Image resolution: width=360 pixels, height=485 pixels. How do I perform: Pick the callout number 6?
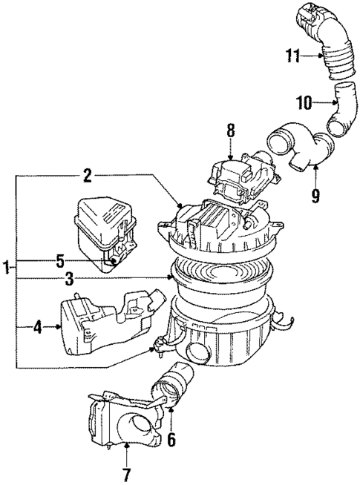(171, 440)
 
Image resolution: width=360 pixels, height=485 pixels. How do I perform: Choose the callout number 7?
(125, 474)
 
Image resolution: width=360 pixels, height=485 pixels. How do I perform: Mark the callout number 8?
(231, 131)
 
